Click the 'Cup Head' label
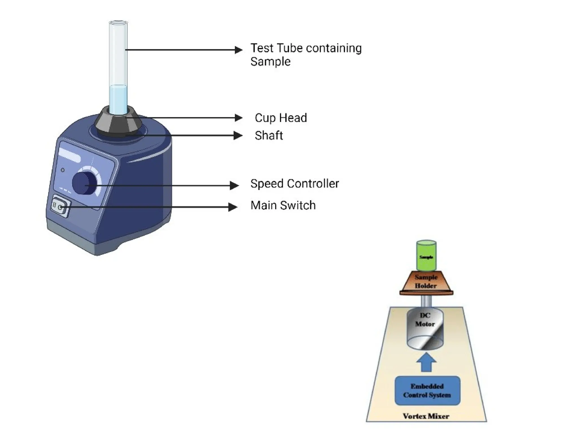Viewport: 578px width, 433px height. coord(281,118)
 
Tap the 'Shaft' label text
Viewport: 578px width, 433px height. coord(269,136)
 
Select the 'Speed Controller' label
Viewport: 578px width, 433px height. coord(294,184)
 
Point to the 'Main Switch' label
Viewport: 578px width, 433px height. coord(283,206)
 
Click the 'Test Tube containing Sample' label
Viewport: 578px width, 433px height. coord(306,55)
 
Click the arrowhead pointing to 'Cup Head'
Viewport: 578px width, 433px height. coord(239,118)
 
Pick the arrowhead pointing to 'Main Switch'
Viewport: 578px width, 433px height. coord(233,207)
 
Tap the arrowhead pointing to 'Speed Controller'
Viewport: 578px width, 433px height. coord(235,185)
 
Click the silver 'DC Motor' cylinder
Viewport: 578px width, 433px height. coord(425,328)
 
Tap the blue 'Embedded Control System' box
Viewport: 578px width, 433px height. coord(427,390)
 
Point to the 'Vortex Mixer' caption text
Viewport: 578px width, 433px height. coord(426,416)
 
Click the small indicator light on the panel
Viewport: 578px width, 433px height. coord(63,170)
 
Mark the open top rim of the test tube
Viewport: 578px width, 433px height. coord(118,22)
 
